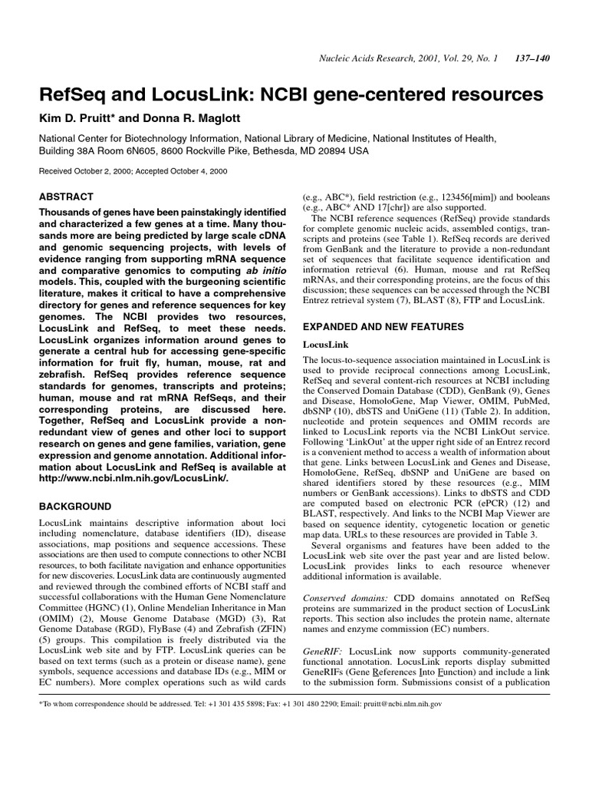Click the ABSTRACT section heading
pyautogui.click(x=66, y=197)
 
